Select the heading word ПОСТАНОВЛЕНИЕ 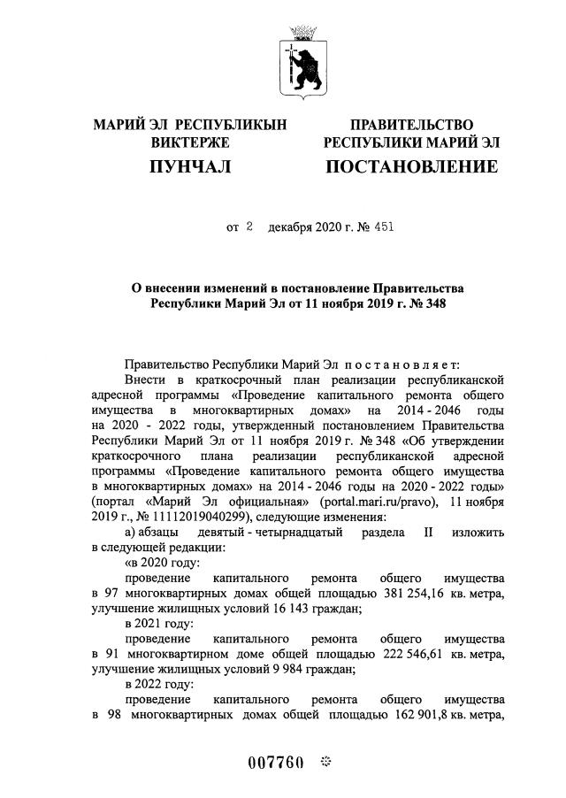click(411, 166)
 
